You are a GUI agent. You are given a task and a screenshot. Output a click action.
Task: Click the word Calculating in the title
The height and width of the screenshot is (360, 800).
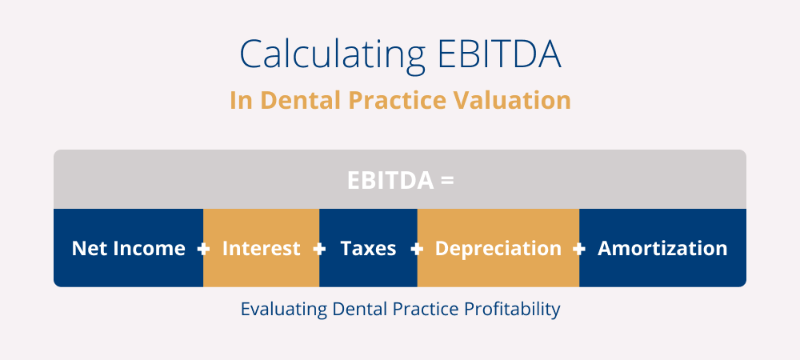pos(332,55)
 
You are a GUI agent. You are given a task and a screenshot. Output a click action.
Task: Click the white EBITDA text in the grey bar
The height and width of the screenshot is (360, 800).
pos(390,181)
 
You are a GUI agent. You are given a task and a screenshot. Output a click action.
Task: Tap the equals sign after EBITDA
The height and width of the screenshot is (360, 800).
pos(447,181)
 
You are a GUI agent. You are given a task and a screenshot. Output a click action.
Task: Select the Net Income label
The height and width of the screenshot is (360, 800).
pos(128,248)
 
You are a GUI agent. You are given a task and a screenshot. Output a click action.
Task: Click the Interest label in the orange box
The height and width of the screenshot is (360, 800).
pos(262,248)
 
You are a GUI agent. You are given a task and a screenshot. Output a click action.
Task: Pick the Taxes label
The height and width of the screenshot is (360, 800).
pos(368,248)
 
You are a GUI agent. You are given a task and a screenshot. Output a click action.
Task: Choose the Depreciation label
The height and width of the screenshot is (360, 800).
pos(498,248)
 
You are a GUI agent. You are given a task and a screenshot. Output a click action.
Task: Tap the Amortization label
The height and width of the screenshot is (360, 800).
pos(662,248)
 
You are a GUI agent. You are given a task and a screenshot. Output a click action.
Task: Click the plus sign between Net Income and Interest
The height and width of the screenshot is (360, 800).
pos(203,249)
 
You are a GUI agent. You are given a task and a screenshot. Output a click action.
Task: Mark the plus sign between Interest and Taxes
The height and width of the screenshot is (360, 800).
pos(319,249)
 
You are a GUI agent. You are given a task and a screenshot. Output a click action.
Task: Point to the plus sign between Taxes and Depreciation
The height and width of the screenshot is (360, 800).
pos(417,249)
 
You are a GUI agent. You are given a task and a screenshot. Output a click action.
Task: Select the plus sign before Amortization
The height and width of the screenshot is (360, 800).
pos(579,249)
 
